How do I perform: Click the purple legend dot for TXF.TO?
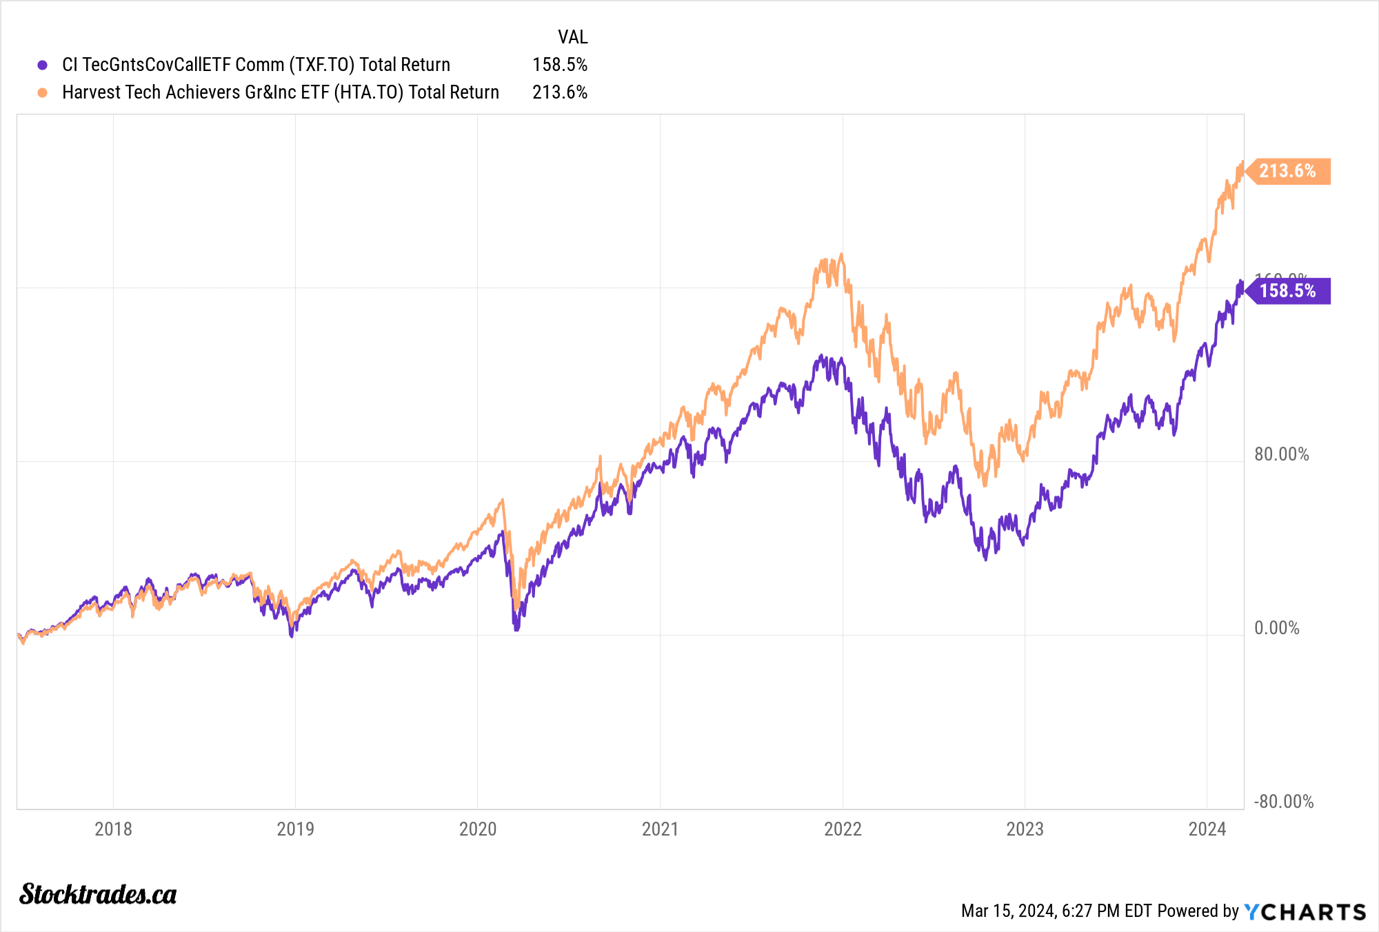point(43,65)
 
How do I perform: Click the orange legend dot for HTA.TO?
point(43,92)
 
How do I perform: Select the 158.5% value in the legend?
point(559,65)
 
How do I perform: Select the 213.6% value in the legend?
point(559,92)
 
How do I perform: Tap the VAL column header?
point(572,37)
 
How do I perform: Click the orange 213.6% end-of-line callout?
point(1287,171)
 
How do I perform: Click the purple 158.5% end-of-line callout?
point(1287,291)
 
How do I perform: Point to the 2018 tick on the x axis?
point(113,829)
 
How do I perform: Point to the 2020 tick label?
point(478,829)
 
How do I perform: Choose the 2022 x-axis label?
point(843,829)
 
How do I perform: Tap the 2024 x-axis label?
point(1207,829)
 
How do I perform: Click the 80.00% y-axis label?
point(1281,454)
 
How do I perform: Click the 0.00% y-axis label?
point(1276,628)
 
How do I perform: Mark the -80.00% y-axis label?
point(1283,802)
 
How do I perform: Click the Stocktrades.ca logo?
point(98,894)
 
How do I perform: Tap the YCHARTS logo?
point(1305,912)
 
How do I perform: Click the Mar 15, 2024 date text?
point(1056,911)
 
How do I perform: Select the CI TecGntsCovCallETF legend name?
point(256,65)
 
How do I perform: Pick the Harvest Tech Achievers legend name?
point(280,92)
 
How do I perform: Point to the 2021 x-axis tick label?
point(660,829)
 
